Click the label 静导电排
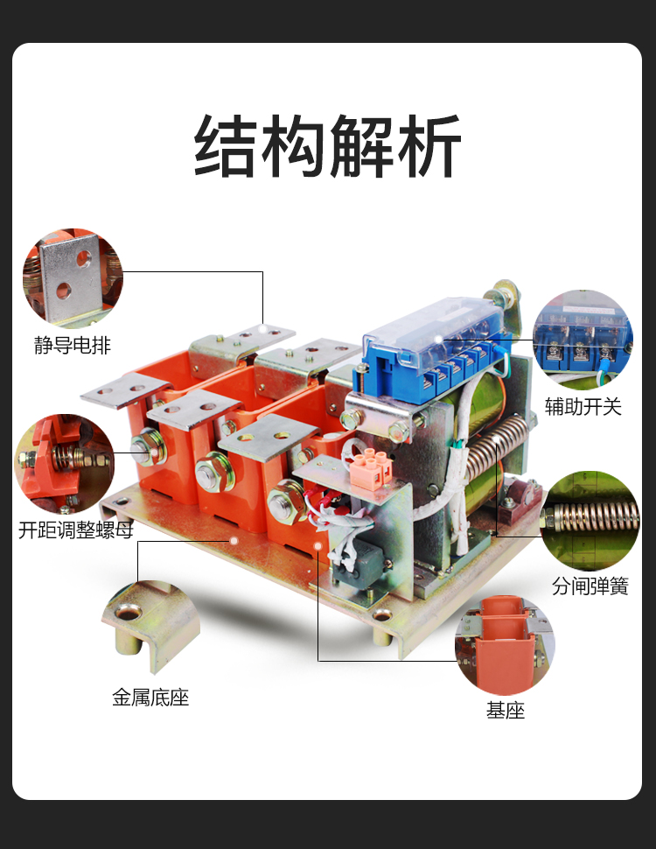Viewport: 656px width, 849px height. click(x=73, y=345)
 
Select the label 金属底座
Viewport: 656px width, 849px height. click(x=150, y=698)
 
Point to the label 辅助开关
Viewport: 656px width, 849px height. click(x=583, y=406)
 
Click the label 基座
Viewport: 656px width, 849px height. click(x=506, y=710)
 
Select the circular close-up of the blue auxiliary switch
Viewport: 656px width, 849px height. click(x=583, y=339)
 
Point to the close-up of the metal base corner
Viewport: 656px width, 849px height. click(x=150, y=625)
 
